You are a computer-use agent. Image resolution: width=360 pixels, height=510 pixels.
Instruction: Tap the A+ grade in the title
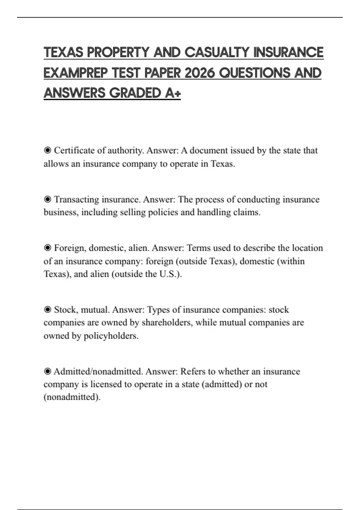point(173,93)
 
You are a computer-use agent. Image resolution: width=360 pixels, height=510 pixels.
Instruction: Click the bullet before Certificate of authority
point(47,150)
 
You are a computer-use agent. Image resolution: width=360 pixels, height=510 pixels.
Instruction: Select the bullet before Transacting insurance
point(47,199)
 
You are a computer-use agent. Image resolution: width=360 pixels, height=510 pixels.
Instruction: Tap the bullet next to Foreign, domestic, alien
point(47,248)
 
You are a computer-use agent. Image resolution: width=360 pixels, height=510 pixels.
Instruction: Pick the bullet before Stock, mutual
point(47,310)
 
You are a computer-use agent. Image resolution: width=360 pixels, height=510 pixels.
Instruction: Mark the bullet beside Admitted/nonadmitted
point(47,371)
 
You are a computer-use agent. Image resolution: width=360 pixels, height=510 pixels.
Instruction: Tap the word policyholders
point(111,336)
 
